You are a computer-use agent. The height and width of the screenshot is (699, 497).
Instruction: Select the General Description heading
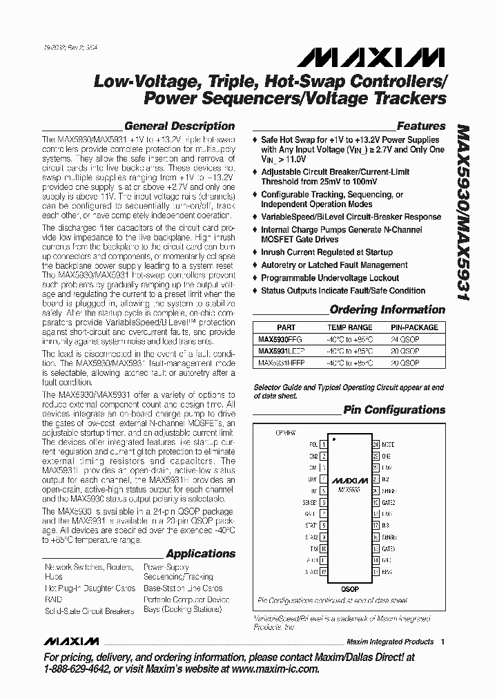click(179, 126)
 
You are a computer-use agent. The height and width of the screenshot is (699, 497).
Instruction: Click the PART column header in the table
click(286, 327)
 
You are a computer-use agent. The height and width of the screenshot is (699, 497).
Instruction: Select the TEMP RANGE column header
click(350, 327)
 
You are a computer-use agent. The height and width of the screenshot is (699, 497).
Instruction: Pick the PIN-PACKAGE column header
click(414, 327)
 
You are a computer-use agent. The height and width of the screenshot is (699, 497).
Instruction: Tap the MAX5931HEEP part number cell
click(283, 362)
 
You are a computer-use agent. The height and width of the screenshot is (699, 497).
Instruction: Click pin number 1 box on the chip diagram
click(322, 446)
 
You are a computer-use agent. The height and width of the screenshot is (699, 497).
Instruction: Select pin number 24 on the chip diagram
click(376, 446)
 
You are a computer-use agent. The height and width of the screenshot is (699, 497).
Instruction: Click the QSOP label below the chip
click(349, 588)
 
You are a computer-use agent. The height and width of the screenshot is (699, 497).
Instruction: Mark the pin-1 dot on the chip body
click(334, 439)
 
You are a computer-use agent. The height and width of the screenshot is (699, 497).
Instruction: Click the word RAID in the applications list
click(52, 600)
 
